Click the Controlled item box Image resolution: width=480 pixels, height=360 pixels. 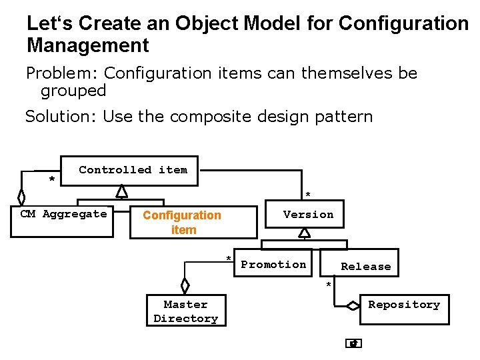(x=133, y=170)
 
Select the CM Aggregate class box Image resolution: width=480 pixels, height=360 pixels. (x=63, y=214)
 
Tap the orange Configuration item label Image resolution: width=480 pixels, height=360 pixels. (x=182, y=222)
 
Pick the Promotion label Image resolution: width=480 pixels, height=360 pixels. (x=273, y=265)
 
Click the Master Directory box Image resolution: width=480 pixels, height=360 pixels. (x=185, y=311)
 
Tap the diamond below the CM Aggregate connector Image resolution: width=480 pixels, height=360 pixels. (x=21, y=197)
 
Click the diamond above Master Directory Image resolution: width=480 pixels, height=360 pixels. (x=185, y=285)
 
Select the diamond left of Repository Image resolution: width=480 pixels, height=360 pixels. (x=353, y=306)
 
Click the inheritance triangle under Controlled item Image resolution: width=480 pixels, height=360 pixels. (x=121, y=191)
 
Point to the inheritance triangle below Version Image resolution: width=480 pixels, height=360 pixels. (x=304, y=232)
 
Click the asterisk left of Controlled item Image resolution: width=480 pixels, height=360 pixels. (x=51, y=180)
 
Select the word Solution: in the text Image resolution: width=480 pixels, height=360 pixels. (x=61, y=117)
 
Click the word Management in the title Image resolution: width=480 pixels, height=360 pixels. (x=87, y=46)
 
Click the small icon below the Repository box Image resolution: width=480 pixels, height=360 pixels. (x=354, y=344)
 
